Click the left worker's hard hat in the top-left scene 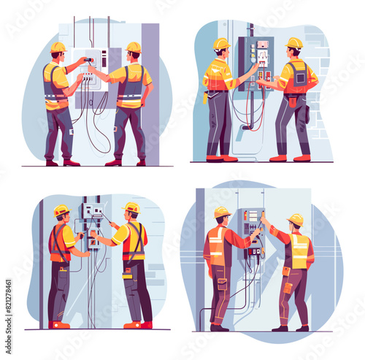[58, 47]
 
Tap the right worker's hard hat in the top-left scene [134, 47]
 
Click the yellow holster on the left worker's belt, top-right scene [206, 97]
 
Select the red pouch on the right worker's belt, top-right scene [292, 101]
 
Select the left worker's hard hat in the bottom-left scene [61, 211]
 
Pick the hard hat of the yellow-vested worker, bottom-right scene [296, 219]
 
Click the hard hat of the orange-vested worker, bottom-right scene [222, 212]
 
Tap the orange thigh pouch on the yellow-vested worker [288, 286]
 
